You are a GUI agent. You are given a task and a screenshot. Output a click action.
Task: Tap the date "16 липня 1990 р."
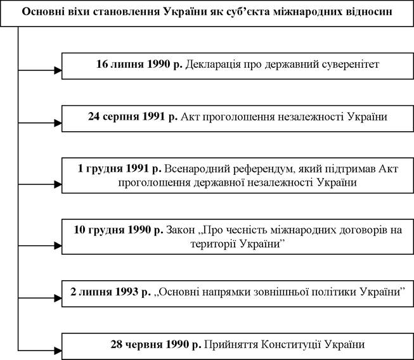pyautogui.click(x=139, y=64)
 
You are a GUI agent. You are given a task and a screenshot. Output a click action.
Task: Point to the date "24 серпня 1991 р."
pyautogui.click(x=133, y=117)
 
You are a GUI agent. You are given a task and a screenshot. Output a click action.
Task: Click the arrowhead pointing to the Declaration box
pyautogui.click(x=58, y=70)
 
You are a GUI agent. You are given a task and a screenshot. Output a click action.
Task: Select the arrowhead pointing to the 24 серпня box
pyautogui.click(x=58, y=123)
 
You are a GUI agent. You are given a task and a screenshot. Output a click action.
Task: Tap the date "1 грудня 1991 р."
pyautogui.click(x=120, y=169)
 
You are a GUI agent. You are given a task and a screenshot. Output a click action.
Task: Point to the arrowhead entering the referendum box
pyautogui.click(x=58, y=184)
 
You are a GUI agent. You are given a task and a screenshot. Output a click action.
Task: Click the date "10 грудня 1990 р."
pyautogui.click(x=119, y=230)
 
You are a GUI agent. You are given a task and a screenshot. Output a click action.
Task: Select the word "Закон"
pyautogui.click(x=180, y=231)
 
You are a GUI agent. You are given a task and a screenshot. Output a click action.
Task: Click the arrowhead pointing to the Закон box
pyautogui.click(x=58, y=245)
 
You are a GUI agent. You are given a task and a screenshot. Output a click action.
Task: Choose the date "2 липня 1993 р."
pyautogui.click(x=110, y=292)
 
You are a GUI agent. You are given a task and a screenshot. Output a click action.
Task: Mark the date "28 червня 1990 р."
pyautogui.click(x=156, y=344)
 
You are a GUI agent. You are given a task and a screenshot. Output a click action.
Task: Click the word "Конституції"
pyautogui.click(x=291, y=345)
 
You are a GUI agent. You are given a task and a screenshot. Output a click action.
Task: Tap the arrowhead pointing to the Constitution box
pyautogui.click(x=58, y=350)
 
